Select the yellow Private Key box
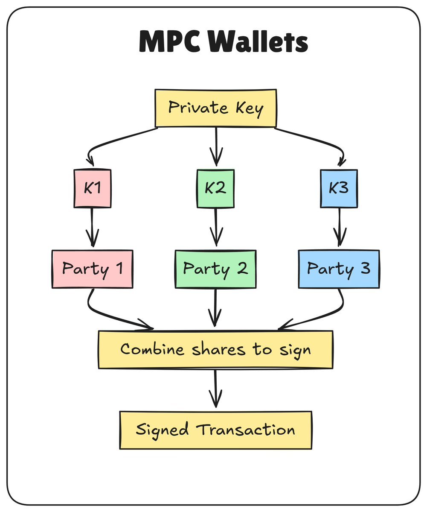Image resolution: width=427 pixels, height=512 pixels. (x=215, y=108)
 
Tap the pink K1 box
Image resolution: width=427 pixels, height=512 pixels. (x=92, y=188)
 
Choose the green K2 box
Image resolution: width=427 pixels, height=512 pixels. (x=215, y=188)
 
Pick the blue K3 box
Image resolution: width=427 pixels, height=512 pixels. (x=339, y=188)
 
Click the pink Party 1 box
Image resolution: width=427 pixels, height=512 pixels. (x=92, y=269)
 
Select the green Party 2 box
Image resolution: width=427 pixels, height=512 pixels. (x=215, y=269)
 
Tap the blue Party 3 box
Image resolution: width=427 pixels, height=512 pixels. (x=339, y=269)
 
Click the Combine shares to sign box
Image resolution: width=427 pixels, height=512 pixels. (x=215, y=349)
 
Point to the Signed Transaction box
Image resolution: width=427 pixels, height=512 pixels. (x=215, y=430)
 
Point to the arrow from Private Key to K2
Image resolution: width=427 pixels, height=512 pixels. (x=216, y=145)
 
